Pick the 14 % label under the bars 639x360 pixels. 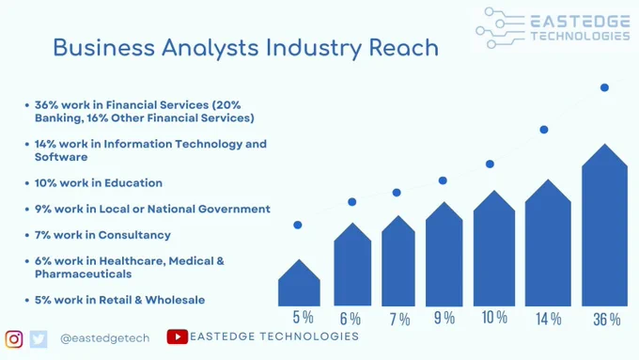pyautogui.click(x=549, y=319)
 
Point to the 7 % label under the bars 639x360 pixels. pyautogui.click(x=399, y=320)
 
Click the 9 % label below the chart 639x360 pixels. pyautogui.click(x=444, y=318)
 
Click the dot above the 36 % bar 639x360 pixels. pyautogui.click(x=604, y=87)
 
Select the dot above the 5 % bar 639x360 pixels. pyautogui.click(x=298, y=225)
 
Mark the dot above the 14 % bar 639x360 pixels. pyautogui.click(x=544, y=130)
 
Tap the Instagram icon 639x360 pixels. pyautogui.click(x=14, y=338)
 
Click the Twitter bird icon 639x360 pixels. pyautogui.click(x=39, y=339)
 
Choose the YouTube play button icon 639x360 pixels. pyautogui.click(x=178, y=337)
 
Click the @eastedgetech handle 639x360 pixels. pyautogui.click(x=104, y=338)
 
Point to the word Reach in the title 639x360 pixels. pyautogui.click(x=404, y=48)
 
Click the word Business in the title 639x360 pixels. pyautogui.click(x=104, y=48)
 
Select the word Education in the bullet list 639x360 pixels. pyautogui.click(x=133, y=183)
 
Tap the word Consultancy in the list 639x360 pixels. pyautogui.click(x=134, y=235)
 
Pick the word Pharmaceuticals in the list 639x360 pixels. pyautogui.click(x=83, y=274)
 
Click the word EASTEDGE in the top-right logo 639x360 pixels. pyautogui.click(x=581, y=22)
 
